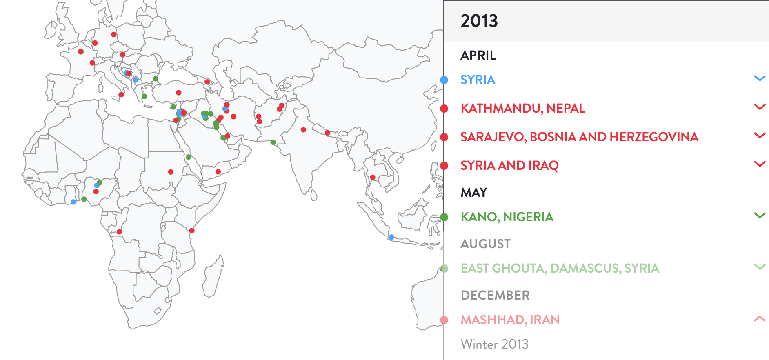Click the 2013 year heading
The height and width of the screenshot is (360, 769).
[479, 21]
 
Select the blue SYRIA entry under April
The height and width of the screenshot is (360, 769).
[478, 80]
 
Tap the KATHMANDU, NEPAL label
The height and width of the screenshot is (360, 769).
[522, 108]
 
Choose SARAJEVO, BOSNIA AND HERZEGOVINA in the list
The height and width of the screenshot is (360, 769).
[579, 137]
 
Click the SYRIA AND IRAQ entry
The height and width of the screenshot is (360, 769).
[509, 165]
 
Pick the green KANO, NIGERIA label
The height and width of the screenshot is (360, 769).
[507, 217]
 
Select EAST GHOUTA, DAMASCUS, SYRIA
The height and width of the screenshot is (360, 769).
[560, 268]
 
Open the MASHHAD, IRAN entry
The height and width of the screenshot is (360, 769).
[510, 320]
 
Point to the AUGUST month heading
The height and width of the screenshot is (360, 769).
[485, 244]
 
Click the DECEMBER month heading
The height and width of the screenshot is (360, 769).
[495, 295]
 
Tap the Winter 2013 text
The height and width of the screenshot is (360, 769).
[494, 344]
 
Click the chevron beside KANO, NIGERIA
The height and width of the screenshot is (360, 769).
[759, 215]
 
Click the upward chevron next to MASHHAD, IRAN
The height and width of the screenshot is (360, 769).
[759, 319]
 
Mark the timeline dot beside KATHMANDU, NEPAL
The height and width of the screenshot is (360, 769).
[444, 109]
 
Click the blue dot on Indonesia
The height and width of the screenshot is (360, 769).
[391, 237]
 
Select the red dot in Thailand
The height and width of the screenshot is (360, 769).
[372, 177]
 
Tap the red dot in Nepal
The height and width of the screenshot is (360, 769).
[327, 133]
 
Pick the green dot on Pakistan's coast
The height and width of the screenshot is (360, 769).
[273, 142]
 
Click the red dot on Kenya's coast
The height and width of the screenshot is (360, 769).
[192, 231]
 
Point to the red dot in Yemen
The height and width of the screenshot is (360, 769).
[218, 172]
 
